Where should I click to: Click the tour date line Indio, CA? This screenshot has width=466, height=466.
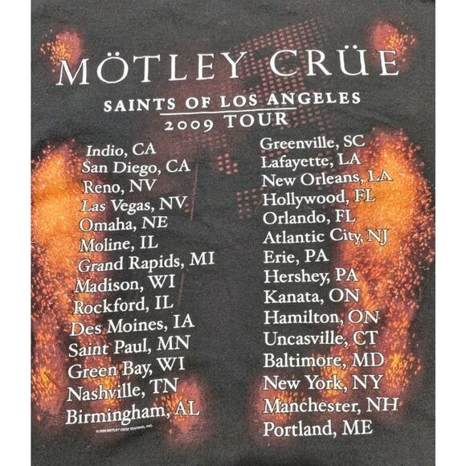(x=121, y=149)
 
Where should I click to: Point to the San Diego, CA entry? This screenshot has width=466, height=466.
(x=136, y=167)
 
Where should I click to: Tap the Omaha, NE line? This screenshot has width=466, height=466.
(x=124, y=223)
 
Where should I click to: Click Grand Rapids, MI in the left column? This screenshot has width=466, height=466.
(x=146, y=263)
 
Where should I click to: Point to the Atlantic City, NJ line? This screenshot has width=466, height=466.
(x=325, y=236)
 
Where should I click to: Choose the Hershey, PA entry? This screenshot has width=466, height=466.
(x=310, y=276)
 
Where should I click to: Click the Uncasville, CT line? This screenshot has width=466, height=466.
(x=320, y=337)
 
